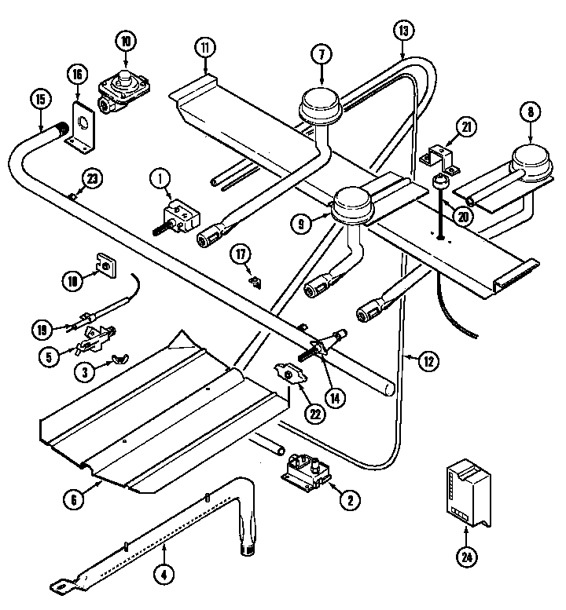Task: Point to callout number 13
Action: click(x=402, y=32)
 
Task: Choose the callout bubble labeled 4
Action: click(x=163, y=574)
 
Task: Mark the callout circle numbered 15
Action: click(x=40, y=100)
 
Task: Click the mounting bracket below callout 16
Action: click(x=81, y=126)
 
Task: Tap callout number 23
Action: click(x=92, y=179)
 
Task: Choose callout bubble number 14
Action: click(x=336, y=397)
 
